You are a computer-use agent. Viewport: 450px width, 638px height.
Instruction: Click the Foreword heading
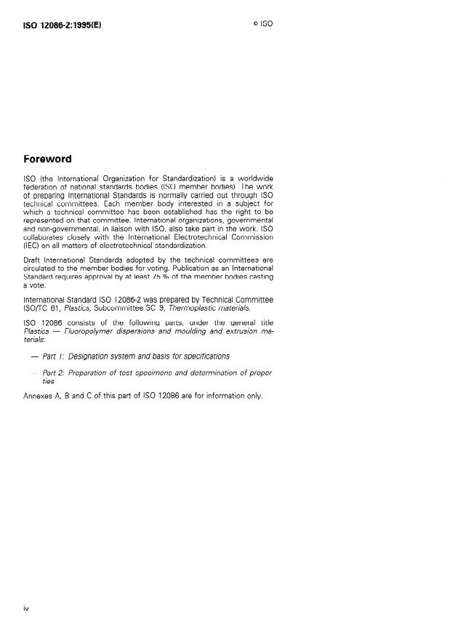pyautogui.click(x=48, y=159)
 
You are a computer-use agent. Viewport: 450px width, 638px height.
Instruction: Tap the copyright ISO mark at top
pyautogui.click(x=262, y=24)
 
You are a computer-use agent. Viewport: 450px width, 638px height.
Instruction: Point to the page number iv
pyautogui.click(x=26, y=607)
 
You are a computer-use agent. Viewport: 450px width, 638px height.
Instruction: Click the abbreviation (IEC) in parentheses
pyautogui.click(x=32, y=246)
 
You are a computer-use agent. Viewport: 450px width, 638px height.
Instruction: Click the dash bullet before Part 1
pyautogui.click(x=33, y=356)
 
